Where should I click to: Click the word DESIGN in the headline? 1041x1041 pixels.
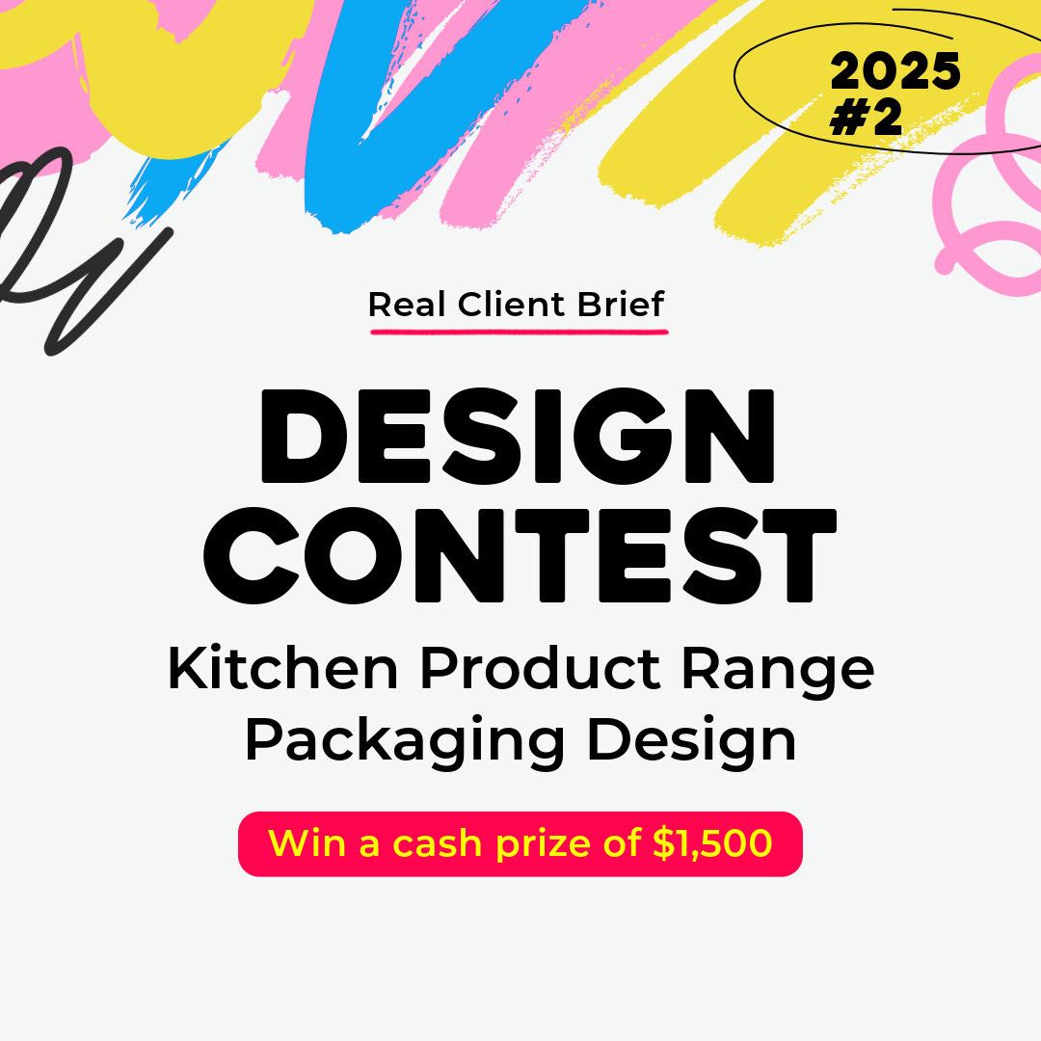click(518, 436)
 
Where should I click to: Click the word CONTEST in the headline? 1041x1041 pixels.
click(520, 555)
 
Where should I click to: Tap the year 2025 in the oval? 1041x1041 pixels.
click(894, 71)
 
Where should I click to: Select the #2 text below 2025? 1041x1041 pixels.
click(866, 118)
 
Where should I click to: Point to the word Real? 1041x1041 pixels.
click(407, 305)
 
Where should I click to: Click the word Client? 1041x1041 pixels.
click(511, 305)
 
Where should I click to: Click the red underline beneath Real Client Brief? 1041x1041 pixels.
click(520, 331)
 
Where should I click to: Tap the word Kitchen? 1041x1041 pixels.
click(282, 669)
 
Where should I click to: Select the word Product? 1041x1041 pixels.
click(541, 669)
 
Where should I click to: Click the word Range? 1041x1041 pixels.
click(778, 672)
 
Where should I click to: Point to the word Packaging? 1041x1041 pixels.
click(405, 741)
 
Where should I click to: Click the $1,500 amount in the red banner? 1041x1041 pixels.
click(712, 843)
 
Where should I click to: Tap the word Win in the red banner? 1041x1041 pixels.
click(307, 843)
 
